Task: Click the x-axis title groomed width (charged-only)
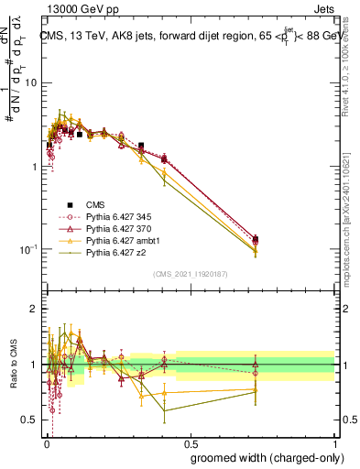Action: (262, 457)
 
